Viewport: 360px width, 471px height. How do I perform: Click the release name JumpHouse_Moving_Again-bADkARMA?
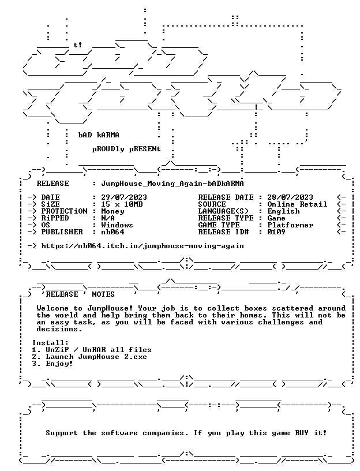tap(172, 184)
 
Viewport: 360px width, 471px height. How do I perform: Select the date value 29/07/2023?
tap(124, 197)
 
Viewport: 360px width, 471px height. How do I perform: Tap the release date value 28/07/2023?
tap(290, 197)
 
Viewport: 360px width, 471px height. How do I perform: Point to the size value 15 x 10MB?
tap(122, 204)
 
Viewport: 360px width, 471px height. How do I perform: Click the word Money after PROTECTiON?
tap(112, 211)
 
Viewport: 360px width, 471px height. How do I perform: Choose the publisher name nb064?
tap(112, 232)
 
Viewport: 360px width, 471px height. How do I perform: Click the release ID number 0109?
tap(276, 232)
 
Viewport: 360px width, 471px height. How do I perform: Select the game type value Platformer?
tap(290, 225)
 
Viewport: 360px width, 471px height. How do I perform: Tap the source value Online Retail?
tap(297, 204)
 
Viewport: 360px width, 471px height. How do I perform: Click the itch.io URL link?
tap(142, 246)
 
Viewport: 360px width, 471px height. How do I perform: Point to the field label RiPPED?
tap(55, 218)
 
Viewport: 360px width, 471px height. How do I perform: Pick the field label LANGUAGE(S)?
tap(223, 211)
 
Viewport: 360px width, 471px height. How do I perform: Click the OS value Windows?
tap(117, 225)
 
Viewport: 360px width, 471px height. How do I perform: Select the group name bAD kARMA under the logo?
tap(99, 135)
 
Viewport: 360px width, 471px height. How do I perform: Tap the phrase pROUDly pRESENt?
tap(126, 149)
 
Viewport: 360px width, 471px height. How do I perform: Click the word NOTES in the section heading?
tap(103, 294)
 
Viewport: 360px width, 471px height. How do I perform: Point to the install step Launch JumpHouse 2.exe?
tap(96, 357)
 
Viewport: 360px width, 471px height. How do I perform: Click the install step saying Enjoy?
tap(59, 364)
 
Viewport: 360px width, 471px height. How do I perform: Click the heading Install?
tap(50, 343)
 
